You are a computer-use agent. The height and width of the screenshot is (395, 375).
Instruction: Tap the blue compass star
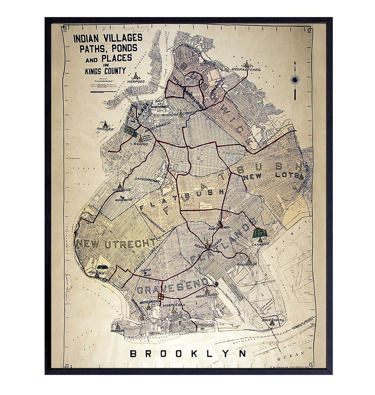295,80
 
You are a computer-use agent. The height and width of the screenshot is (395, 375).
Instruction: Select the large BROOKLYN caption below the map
188,353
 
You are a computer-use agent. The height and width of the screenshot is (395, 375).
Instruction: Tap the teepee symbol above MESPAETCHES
246,64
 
